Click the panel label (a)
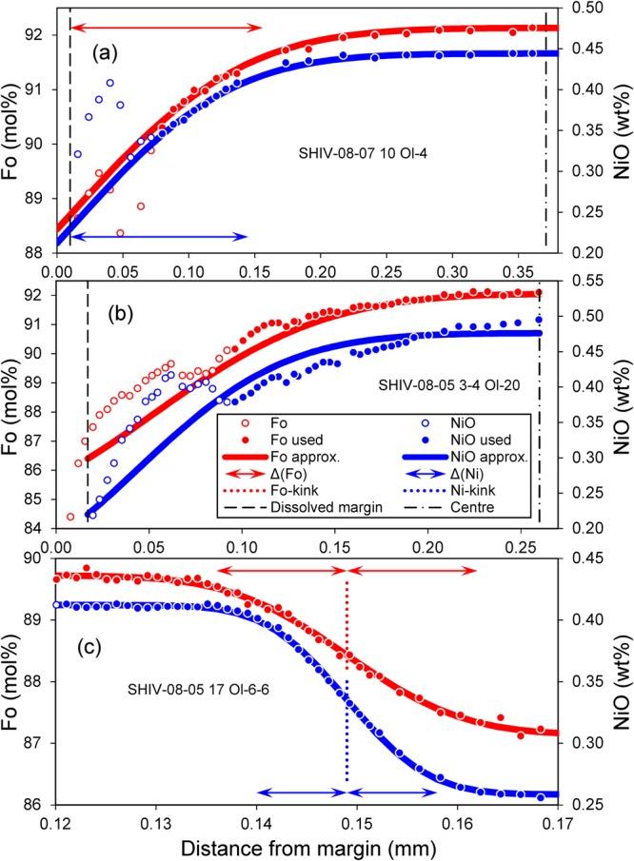click(x=109, y=54)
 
